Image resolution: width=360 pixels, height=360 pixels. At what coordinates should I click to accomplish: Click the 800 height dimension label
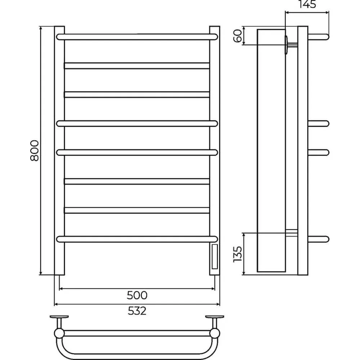35,150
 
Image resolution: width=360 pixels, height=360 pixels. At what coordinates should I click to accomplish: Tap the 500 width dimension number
137,295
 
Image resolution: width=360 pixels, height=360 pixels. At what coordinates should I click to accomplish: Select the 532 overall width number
137,311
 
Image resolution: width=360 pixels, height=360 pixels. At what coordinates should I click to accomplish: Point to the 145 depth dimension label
307,4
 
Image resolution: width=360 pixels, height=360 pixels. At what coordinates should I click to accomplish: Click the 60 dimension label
238,36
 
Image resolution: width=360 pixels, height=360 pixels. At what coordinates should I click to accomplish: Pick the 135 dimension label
238,254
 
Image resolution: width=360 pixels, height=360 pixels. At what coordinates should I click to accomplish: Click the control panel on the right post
215,257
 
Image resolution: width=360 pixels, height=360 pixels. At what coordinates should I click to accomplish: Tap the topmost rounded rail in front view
137,37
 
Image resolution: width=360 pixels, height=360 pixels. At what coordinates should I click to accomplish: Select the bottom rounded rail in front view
137,239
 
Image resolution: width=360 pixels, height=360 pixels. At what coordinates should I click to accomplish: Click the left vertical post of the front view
59,150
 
